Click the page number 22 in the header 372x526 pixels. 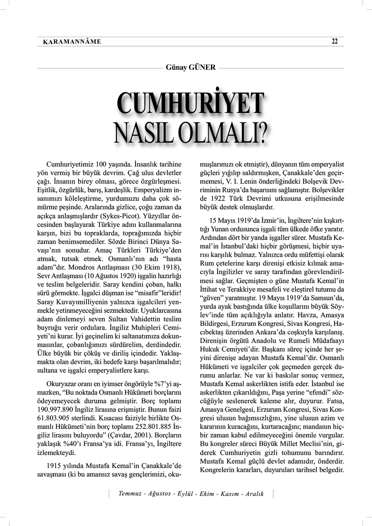pos(334,42)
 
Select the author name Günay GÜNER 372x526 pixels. pos(191,67)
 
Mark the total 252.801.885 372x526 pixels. pos(145,429)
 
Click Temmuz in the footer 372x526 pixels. pos(130,494)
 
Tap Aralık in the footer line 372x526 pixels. pos(254,494)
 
